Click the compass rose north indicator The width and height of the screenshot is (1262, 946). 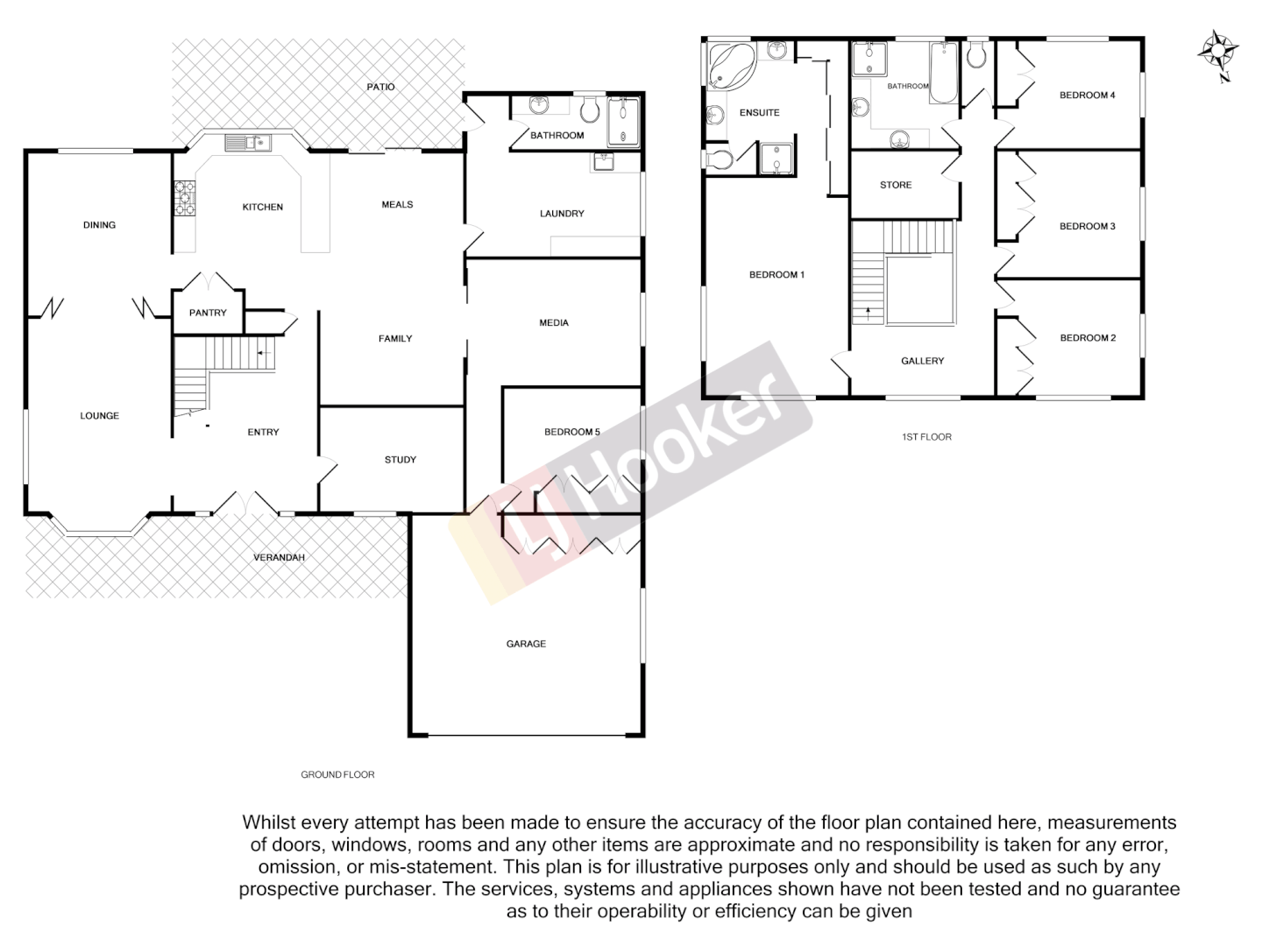1216,53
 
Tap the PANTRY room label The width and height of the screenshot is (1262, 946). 208,313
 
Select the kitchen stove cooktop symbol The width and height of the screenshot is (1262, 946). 185,197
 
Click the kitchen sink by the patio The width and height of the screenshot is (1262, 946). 250,143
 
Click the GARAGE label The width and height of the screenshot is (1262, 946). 526,644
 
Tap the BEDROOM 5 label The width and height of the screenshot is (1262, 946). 572,432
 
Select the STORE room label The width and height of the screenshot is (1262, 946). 896,185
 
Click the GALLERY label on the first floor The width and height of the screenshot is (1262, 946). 923,361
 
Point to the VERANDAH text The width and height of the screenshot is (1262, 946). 279,557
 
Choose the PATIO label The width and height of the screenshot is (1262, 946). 381,87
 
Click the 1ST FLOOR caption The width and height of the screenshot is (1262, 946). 926,436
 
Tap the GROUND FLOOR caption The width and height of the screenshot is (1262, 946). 337,774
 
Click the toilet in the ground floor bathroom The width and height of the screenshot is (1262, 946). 590,109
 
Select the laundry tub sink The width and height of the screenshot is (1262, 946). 604,161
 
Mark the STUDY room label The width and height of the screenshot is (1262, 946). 401,460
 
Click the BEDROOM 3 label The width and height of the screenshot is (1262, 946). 1087,226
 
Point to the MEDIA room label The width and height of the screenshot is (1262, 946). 554,323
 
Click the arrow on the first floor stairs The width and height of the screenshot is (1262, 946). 869,311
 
